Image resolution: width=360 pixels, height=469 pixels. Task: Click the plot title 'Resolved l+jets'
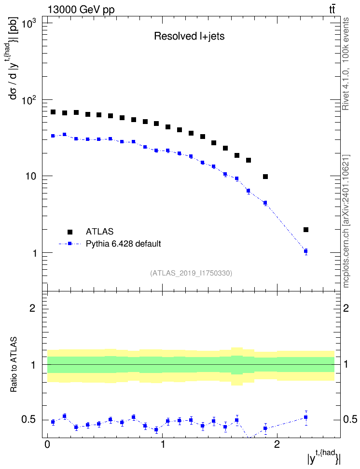(x=189, y=36)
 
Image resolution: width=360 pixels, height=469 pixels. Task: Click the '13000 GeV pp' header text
(x=81, y=10)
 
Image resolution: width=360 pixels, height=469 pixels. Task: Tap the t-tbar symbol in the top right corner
(x=332, y=10)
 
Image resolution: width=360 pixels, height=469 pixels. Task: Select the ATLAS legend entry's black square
(x=70, y=232)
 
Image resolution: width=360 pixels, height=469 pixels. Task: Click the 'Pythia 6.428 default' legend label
(x=123, y=244)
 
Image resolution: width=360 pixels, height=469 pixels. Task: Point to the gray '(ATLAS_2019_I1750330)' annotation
(x=191, y=273)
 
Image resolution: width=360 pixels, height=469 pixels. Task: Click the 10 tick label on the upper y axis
(x=30, y=176)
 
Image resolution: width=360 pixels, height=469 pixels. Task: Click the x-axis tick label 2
(x=277, y=444)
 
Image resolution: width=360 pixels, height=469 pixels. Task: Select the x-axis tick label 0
(x=47, y=444)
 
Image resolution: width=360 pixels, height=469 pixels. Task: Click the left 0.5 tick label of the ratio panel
(x=29, y=420)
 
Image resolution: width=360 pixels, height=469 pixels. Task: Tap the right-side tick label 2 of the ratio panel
(x=346, y=308)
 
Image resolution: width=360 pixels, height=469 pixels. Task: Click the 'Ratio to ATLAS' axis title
(x=14, y=364)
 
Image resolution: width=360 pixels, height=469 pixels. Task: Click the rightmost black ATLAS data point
(x=306, y=230)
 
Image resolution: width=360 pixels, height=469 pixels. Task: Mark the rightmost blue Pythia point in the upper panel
(x=306, y=251)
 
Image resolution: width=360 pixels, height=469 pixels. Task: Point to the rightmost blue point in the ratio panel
(x=306, y=417)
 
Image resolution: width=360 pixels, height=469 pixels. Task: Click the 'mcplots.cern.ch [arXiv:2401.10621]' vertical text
(x=346, y=221)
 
